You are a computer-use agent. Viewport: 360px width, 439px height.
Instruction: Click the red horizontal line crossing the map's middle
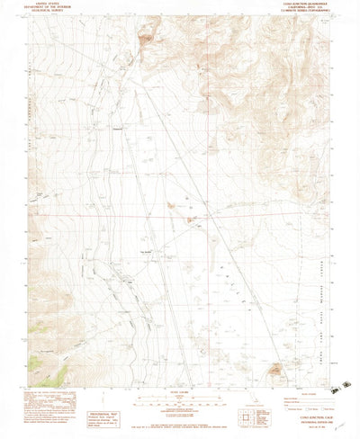180,217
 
